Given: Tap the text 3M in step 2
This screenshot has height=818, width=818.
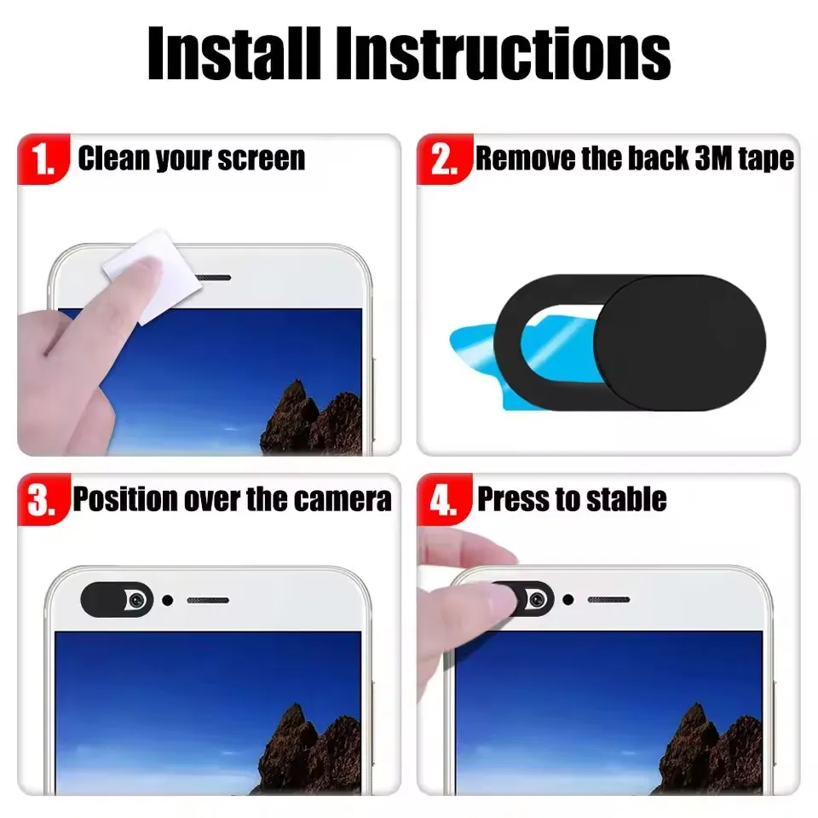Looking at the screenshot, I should point(706,158).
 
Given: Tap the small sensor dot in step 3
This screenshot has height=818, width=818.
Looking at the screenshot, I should point(168,600).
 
